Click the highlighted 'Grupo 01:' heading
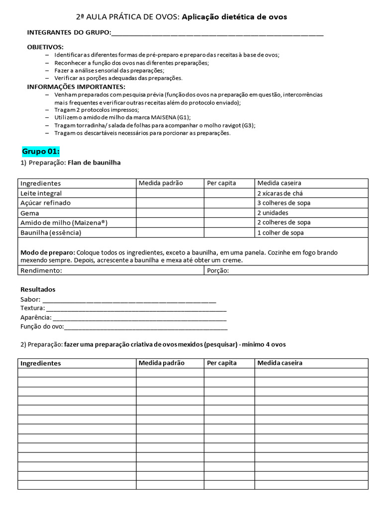41,151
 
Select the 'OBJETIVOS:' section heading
45,47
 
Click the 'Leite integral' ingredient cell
41,193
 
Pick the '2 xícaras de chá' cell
280,193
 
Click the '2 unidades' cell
273,213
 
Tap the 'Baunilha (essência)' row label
51,233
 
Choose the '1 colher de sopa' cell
281,233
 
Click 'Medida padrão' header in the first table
161,183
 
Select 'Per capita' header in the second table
221,363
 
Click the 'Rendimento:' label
41,270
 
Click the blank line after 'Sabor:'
129,301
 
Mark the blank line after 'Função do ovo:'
146,328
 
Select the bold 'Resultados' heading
38,289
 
